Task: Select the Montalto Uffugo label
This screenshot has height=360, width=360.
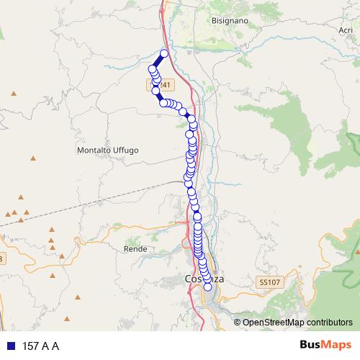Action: [x=107, y=150]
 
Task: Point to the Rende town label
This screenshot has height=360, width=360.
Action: [x=135, y=248]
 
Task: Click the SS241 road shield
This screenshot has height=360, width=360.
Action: [x=153, y=84]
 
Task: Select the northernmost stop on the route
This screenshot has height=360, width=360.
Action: [x=164, y=54]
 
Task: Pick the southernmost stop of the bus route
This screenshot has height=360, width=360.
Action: [x=208, y=287]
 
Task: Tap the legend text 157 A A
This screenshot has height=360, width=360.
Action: [x=40, y=346]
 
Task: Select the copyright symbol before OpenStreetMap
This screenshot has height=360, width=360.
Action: [x=238, y=322]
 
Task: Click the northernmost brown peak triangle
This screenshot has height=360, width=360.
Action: [x=13, y=94]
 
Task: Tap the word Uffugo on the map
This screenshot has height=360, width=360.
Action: [x=125, y=150]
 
